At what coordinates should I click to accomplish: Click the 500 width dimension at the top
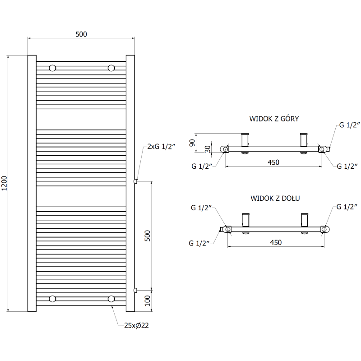tap(81, 34)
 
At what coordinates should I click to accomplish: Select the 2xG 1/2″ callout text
tap(160, 147)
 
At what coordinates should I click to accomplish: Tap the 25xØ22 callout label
tap(137, 325)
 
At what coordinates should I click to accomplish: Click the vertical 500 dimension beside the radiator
tap(147, 235)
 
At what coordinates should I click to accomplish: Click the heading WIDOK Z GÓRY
tap(274, 119)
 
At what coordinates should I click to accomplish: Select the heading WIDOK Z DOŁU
tap(275, 198)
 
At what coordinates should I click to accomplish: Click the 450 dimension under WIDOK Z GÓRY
tap(273, 162)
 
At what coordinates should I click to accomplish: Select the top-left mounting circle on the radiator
tap(53, 68)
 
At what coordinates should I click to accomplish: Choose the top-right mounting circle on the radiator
tap(111, 68)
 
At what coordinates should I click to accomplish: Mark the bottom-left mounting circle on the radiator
tap(53, 298)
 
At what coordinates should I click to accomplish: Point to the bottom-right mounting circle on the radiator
tap(111, 298)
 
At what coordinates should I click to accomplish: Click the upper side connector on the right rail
tap(135, 181)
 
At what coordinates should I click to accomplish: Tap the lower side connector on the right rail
tap(135, 289)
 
